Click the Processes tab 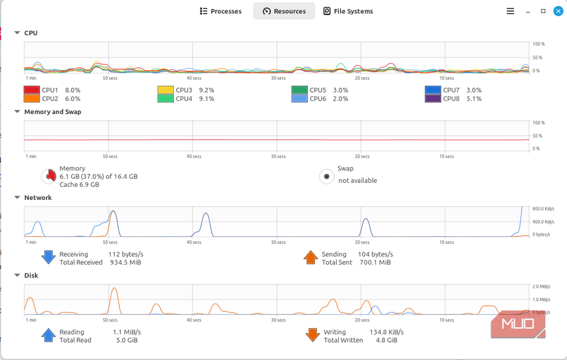click(x=221, y=11)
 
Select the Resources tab click(x=284, y=11)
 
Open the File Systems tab click(x=348, y=11)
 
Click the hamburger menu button click(x=510, y=11)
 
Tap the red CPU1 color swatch click(x=32, y=90)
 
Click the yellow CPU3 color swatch click(x=166, y=90)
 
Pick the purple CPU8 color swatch click(x=432, y=99)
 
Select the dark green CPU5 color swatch click(x=299, y=90)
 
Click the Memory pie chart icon click(x=48, y=177)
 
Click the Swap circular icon click(x=326, y=177)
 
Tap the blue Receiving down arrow click(x=48, y=258)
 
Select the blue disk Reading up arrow click(x=48, y=335)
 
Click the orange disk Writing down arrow click(x=312, y=335)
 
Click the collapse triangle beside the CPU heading click(x=17, y=33)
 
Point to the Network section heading click(x=38, y=198)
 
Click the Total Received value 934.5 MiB click(x=125, y=262)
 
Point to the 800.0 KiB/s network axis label click(x=542, y=208)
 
